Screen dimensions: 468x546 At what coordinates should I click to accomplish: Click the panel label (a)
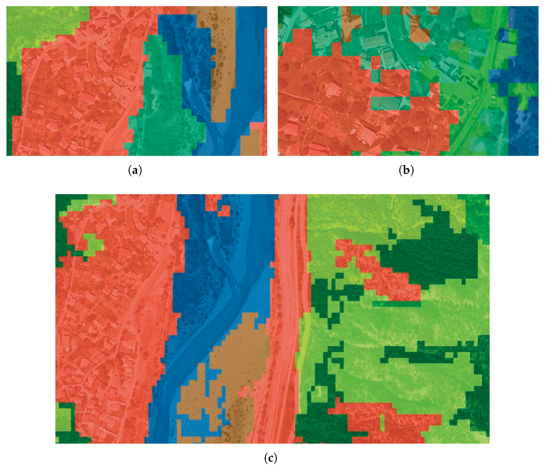(x=135, y=170)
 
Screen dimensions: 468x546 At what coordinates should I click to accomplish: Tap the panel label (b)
(x=406, y=170)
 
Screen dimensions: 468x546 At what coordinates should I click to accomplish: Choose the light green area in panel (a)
(x=40, y=26)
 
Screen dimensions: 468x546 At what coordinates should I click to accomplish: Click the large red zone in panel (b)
(x=329, y=105)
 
